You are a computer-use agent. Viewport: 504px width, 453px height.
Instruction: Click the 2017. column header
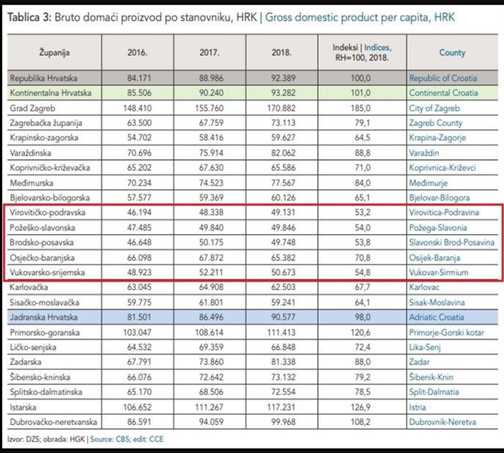(x=210, y=53)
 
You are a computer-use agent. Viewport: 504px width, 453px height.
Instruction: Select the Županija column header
(x=54, y=53)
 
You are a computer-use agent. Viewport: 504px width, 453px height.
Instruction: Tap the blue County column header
(x=452, y=53)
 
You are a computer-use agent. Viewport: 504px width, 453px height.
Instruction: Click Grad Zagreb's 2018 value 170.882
(x=281, y=108)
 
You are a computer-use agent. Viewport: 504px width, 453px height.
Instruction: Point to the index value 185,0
(x=361, y=108)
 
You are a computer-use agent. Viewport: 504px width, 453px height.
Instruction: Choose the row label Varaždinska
(x=31, y=152)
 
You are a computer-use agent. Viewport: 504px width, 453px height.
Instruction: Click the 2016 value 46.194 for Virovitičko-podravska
(x=139, y=212)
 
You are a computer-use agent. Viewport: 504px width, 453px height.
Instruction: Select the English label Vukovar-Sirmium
(x=438, y=272)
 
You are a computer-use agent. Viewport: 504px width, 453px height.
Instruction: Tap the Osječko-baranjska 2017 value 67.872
(x=211, y=257)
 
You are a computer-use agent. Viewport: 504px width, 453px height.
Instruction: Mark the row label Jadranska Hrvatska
(x=44, y=317)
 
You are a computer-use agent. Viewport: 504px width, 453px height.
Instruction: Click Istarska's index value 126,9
(x=361, y=407)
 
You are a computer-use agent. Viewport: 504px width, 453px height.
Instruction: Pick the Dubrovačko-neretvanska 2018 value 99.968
(x=283, y=422)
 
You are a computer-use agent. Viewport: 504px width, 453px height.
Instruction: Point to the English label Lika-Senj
(x=425, y=347)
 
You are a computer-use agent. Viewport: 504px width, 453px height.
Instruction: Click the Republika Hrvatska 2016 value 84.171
(x=139, y=78)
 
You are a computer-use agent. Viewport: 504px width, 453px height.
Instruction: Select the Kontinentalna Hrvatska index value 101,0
(x=361, y=93)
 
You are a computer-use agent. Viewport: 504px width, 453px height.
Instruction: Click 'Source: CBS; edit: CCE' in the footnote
(x=127, y=439)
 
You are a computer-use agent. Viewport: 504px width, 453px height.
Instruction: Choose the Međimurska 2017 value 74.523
(x=211, y=183)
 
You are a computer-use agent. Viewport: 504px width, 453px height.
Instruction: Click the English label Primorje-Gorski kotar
(x=446, y=332)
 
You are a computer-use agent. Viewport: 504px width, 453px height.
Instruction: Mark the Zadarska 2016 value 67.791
(x=139, y=362)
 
